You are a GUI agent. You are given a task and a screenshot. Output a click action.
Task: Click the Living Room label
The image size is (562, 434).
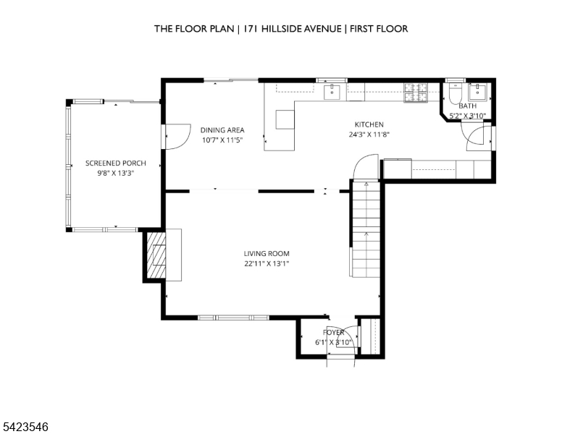(x=267, y=254)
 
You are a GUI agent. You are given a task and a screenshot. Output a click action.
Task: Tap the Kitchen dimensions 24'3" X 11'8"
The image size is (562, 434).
(x=369, y=135)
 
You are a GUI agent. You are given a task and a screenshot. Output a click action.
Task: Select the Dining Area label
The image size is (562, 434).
(x=222, y=130)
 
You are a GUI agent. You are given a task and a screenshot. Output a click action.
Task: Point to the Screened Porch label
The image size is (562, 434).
(x=116, y=163)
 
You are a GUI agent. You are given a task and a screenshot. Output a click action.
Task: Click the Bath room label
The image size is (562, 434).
(x=468, y=106)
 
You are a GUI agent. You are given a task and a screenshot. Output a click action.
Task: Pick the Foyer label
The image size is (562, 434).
(x=333, y=332)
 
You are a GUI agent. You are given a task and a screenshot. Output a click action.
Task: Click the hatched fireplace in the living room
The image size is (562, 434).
(x=156, y=255)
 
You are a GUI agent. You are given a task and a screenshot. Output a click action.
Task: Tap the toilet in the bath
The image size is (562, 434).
(x=456, y=94)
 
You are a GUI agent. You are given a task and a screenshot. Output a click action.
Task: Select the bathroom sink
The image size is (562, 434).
(x=478, y=92)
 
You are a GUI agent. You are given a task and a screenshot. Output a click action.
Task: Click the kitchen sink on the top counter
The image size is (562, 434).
(x=334, y=92)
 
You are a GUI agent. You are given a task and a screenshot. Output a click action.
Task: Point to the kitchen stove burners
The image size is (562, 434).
(x=416, y=93)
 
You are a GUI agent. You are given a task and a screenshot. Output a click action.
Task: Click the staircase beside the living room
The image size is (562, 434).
(x=366, y=229)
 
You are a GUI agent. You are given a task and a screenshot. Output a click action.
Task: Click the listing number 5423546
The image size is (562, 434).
(x=25, y=427)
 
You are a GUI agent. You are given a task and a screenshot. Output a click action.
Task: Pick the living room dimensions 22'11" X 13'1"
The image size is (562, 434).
(x=267, y=264)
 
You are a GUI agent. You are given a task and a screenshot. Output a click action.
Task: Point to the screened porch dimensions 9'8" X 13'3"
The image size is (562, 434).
(x=116, y=174)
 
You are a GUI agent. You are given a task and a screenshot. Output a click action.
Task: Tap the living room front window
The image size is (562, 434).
(x=233, y=318)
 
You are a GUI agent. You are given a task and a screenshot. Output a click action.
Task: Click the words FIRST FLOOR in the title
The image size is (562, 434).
(x=379, y=29)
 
